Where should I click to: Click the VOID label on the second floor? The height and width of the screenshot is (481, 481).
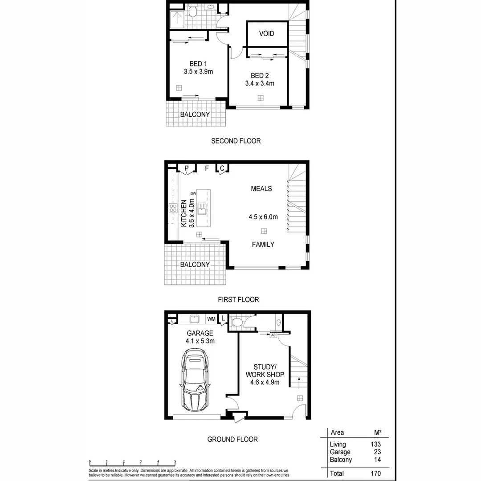point(266,33)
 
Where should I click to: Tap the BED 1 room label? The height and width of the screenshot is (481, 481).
point(198,63)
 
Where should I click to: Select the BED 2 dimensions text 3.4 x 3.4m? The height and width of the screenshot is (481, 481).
point(259,83)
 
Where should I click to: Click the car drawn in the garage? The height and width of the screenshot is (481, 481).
point(194,380)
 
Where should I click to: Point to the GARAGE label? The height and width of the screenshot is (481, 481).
point(200,333)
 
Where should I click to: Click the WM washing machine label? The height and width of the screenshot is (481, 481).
point(211,319)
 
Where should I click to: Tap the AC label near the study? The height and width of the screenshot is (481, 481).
point(273,335)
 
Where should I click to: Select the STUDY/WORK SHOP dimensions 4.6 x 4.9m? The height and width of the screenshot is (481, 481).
point(265,382)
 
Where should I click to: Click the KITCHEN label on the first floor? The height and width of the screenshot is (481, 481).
point(183,214)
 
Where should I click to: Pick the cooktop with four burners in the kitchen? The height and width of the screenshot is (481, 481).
point(172,208)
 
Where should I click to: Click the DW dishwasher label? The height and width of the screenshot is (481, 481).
point(193,193)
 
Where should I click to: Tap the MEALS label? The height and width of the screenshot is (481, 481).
point(261,189)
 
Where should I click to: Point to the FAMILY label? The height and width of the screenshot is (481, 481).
point(263,245)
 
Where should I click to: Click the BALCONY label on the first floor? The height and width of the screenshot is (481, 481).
point(195,265)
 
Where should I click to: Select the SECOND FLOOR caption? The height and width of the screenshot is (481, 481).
point(236,141)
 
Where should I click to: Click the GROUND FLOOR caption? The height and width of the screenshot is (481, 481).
point(232,439)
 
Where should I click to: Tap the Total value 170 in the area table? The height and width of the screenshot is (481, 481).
point(375,473)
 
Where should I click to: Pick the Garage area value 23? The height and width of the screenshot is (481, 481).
point(377,452)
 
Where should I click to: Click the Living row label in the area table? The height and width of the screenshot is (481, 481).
point(338,444)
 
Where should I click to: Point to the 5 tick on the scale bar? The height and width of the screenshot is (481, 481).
point(175,462)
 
